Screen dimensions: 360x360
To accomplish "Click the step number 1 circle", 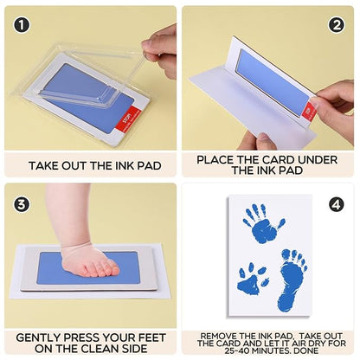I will [22, 25].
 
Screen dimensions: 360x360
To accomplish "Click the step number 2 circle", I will [337, 25].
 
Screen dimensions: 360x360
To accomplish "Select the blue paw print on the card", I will [253, 278].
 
